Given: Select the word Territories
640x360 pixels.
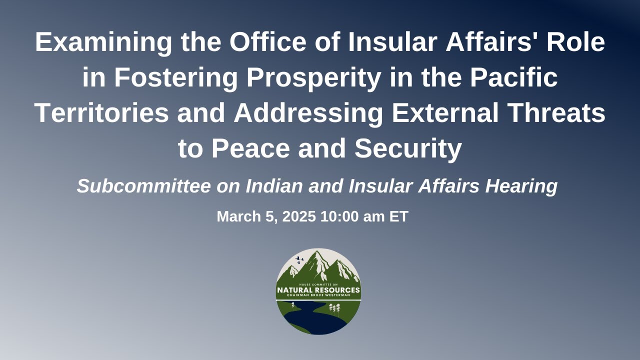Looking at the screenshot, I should click(101, 113).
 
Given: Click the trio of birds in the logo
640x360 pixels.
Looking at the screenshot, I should click(299, 260).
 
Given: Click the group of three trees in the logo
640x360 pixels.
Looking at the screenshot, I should click(334, 308).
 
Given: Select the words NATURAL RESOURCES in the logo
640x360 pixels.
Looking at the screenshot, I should click(318, 290).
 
